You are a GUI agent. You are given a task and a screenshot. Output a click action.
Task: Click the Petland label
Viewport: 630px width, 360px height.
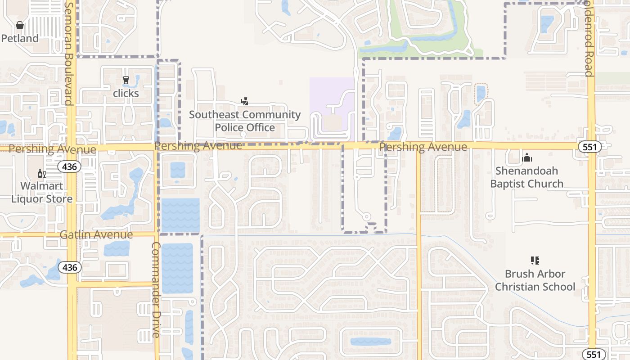tap(20, 38)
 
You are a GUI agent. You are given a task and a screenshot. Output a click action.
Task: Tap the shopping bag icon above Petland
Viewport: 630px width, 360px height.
tap(19, 25)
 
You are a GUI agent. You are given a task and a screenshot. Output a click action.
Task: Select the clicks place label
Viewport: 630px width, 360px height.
tap(126, 93)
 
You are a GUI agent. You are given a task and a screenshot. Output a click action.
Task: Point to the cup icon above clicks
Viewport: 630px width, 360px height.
tap(126, 81)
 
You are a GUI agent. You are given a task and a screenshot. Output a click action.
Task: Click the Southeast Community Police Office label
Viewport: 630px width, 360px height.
tap(245, 121)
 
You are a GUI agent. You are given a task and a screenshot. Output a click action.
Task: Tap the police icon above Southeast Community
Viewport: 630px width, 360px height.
tap(245, 101)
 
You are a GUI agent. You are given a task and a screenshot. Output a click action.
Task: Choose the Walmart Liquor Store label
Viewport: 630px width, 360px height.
tap(41, 192)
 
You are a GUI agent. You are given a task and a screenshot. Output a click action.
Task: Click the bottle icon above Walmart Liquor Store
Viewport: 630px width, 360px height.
tap(41, 174)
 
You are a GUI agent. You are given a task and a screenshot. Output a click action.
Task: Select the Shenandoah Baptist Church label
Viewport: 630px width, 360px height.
tap(526, 177)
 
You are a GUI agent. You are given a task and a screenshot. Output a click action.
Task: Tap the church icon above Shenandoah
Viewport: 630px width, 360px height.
tap(527, 158)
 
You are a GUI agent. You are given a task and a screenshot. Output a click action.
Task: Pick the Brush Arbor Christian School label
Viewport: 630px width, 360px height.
tap(535, 280)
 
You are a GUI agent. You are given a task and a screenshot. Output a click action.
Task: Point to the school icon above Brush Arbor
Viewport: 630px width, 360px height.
tap(535, 260)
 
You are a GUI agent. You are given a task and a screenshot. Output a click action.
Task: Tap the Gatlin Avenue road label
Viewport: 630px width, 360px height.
tap(96, 234)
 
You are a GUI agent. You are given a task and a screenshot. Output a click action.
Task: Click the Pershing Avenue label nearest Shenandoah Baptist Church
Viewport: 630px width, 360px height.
tap(423, 147)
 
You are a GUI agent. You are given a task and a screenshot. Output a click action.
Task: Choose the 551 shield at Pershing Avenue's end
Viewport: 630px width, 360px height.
tap(589, 147)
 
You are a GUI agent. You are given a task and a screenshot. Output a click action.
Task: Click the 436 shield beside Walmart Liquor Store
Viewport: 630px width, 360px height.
tap(69, 167)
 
